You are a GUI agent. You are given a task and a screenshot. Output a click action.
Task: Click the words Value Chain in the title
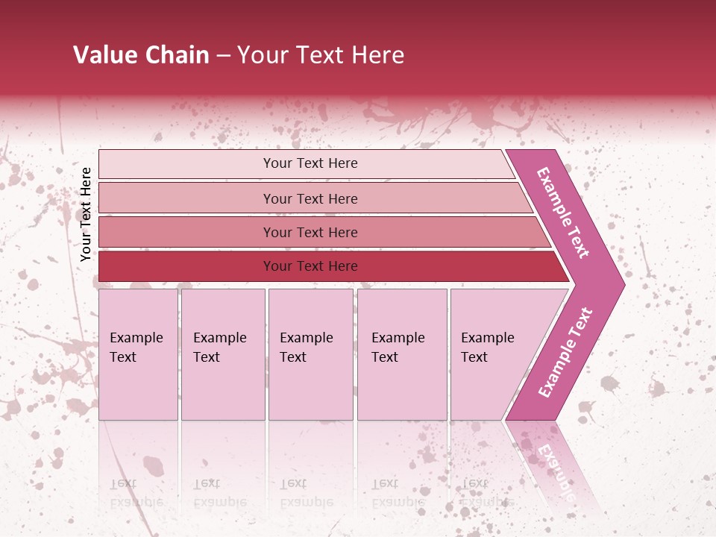coord(141,55)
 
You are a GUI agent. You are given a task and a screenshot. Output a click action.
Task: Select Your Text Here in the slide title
coord(321,55)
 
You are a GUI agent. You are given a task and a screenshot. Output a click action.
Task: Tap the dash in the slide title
coord(223,56)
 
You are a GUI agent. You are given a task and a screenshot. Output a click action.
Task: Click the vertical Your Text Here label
coord(86,214)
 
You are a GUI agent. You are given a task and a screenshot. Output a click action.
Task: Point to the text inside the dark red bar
coord(310,266)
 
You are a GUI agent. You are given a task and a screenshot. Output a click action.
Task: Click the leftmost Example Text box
coord(138,354)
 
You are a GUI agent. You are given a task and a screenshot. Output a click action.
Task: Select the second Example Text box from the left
coord(223,354)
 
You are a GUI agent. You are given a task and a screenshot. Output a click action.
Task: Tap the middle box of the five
coord(310,354)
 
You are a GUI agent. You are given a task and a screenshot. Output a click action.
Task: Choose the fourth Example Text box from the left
coord(402,354)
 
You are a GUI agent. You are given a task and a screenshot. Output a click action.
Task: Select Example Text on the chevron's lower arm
coord(565,353)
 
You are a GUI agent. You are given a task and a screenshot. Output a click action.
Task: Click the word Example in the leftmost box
coord(136,338)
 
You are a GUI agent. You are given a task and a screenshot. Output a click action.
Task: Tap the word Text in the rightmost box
coord(474,357)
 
